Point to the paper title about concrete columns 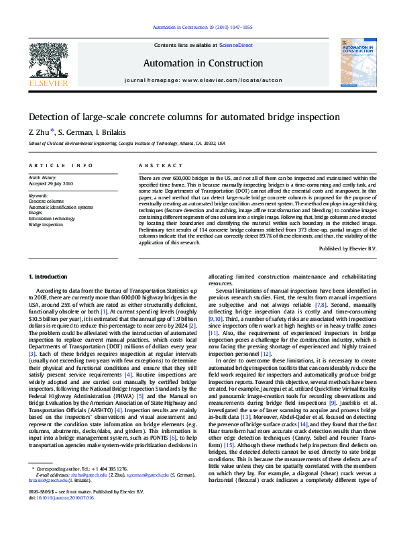click(x=174, y=117)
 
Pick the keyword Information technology click(x=52, y=218)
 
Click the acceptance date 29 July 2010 click(x=51, y=183)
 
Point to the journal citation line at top click(x=203, y=28)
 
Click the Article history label click(x=43, y=177)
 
